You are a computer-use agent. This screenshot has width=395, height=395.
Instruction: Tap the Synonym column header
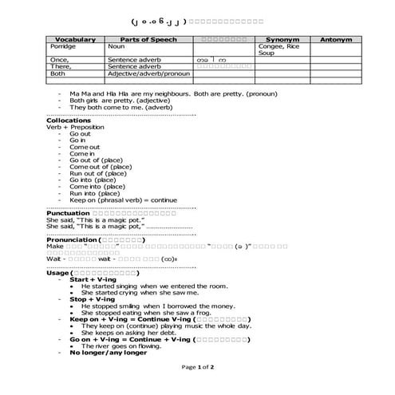coord(282,39)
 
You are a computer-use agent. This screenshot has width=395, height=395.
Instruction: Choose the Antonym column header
coord(336,39)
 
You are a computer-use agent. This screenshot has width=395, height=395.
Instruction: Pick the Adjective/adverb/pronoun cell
coord(149,73)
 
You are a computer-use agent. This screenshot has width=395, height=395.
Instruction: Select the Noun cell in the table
coord(117,46)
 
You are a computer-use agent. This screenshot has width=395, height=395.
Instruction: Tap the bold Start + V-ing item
coord(93,279)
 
